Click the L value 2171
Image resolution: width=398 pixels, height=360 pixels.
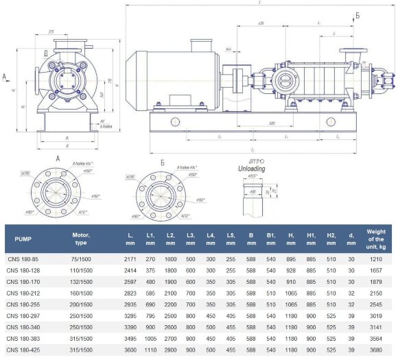pos(131,259)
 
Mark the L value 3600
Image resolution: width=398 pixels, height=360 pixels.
pos(131,350)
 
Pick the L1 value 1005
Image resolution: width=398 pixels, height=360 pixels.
pos(150,338)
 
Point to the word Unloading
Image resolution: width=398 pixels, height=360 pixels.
pos(251,168)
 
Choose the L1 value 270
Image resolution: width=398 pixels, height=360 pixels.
pos(150,259)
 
